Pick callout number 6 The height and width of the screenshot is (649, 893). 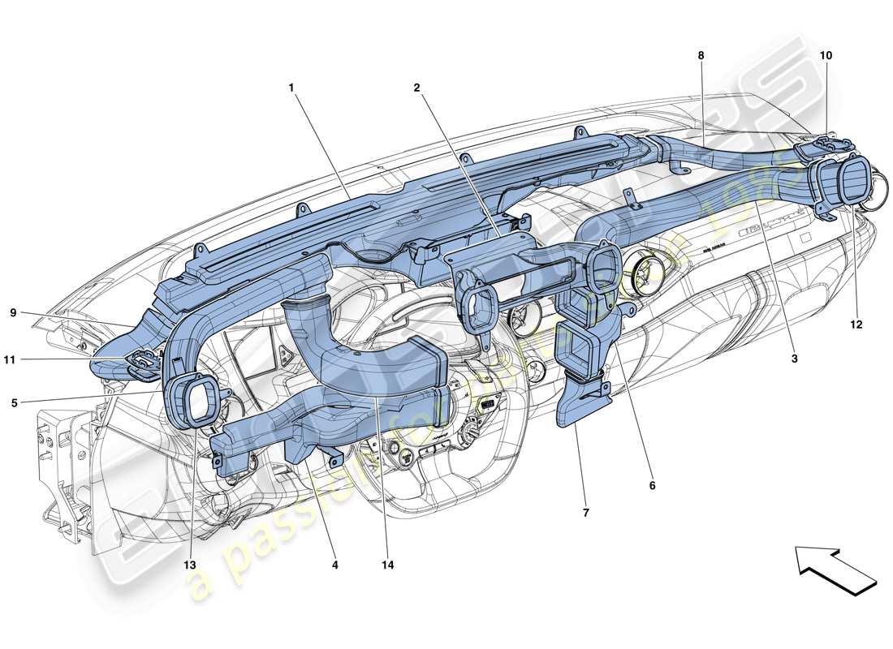click(652, 485)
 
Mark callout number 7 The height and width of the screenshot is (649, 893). click(585, 512)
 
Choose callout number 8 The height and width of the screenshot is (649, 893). click(701, 55)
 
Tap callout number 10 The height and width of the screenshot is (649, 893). click(826, 55)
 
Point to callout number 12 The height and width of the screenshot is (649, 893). click(856, 324)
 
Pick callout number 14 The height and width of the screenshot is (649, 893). click(389, 565)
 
